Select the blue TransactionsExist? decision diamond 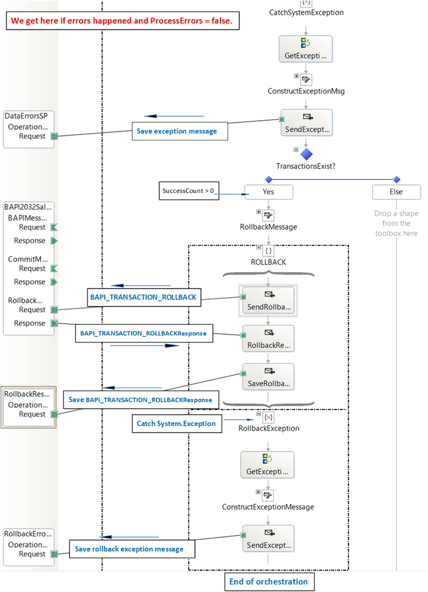coord(306,154)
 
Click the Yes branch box coord(269,192)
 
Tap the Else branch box coord(396,192)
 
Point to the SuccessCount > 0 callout coord(189,191)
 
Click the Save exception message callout coord(180,131)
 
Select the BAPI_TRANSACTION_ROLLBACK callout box coord(144,298)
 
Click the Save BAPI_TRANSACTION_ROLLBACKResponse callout coord(140,399)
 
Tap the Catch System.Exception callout coord(176,424)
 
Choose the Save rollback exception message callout coord(129,549)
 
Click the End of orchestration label coord(269,581)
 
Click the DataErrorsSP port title coord(25,116)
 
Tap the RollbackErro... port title coord(28,533)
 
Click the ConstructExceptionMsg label coord(306,91)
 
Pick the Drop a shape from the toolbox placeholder coord(396,223)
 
